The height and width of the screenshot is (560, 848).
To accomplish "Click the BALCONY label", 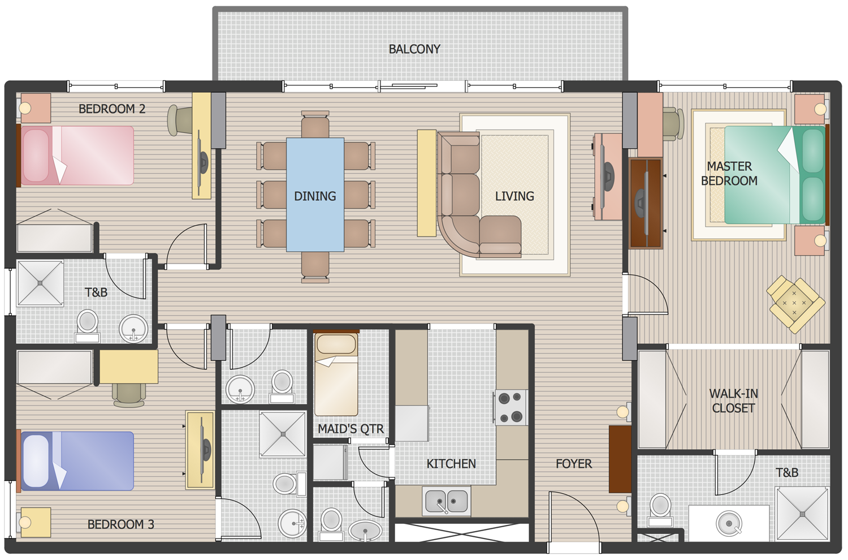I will point(414,49).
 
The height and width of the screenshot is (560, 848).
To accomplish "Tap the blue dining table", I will point(315,195).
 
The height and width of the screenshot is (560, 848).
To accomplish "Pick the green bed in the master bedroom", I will point(775,175).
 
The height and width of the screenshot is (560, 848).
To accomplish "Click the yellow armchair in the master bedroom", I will point(795,304).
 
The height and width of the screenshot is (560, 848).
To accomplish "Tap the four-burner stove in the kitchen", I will point(511,407).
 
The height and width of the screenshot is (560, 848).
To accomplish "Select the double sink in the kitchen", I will point(446,501).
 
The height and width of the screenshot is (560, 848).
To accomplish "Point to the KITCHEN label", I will point(451,464).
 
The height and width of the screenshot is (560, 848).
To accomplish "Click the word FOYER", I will point(573,464).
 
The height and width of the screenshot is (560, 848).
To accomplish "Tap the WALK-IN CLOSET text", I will point(733,400).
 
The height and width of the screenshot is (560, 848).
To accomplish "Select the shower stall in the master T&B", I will point(802,514).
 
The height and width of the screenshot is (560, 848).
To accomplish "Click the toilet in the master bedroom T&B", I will point(660,507).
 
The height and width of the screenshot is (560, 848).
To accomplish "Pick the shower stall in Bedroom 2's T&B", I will point(40,283).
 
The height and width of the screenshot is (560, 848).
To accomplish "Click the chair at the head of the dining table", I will point(315,124).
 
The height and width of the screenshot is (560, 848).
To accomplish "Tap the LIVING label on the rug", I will point(514,196).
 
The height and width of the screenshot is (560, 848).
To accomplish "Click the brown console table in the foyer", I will point(620,459).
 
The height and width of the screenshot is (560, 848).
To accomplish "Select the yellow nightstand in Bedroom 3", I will point(36,522).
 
